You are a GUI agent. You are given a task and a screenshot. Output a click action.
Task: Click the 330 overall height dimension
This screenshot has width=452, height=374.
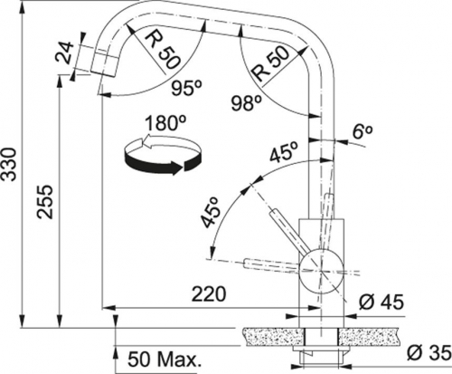(x=10, y=164)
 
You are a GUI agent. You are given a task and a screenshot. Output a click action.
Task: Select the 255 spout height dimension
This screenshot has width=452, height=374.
(x=46, y=202)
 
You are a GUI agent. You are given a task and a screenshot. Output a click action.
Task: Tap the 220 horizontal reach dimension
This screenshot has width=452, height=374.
(x=209, y=294)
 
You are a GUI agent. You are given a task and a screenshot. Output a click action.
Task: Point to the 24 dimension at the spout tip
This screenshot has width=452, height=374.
(x=66, y=52)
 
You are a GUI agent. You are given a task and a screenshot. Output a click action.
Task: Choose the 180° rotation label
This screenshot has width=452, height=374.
(x=161, y=123)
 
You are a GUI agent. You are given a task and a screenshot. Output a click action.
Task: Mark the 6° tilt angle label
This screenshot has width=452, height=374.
(x=362, y=133)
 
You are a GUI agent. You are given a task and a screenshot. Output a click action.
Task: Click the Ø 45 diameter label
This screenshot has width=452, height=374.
(x=381, y=302)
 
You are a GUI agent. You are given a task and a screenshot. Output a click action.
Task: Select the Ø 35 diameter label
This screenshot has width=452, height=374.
(x=429, y=353)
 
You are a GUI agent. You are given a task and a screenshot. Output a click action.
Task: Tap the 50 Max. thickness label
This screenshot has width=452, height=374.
(x=165, y=359)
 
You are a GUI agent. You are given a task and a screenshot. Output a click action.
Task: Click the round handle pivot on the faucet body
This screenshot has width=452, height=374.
(x=321, y=271)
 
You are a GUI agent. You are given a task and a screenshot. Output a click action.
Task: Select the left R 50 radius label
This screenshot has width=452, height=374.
(x=163, y=53)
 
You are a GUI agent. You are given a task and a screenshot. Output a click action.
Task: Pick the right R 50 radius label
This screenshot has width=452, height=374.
(x=270, y=65)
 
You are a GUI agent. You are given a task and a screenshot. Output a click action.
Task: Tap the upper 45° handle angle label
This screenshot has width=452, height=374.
(x=284, y=151)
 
